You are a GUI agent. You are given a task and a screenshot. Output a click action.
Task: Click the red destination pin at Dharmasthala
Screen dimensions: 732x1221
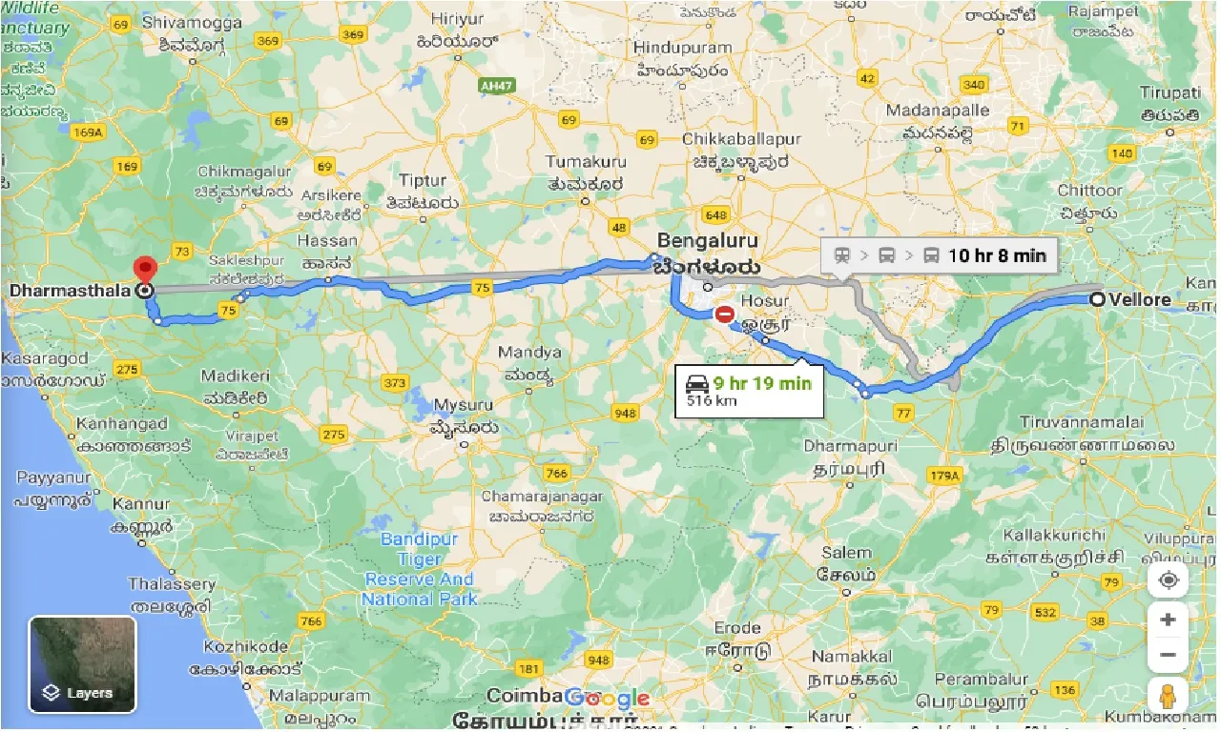tap(145, 269)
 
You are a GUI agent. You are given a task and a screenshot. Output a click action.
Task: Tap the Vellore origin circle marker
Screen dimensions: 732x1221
tap(1098, 299)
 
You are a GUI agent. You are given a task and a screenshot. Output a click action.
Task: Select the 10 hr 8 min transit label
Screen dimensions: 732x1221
tap(996, 254)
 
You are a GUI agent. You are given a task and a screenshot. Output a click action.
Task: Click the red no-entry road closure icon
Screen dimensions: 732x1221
tap(725, 313)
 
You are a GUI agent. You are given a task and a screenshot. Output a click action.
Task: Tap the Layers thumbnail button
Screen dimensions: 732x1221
tap(83, 664)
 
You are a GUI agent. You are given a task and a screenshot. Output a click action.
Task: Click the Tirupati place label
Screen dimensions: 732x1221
tap(1169, 92)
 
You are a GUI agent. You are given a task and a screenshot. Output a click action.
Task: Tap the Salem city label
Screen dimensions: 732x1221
tap(847, 553)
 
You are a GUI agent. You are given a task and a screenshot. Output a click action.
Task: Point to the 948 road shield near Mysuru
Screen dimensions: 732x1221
tap(625, 413)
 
